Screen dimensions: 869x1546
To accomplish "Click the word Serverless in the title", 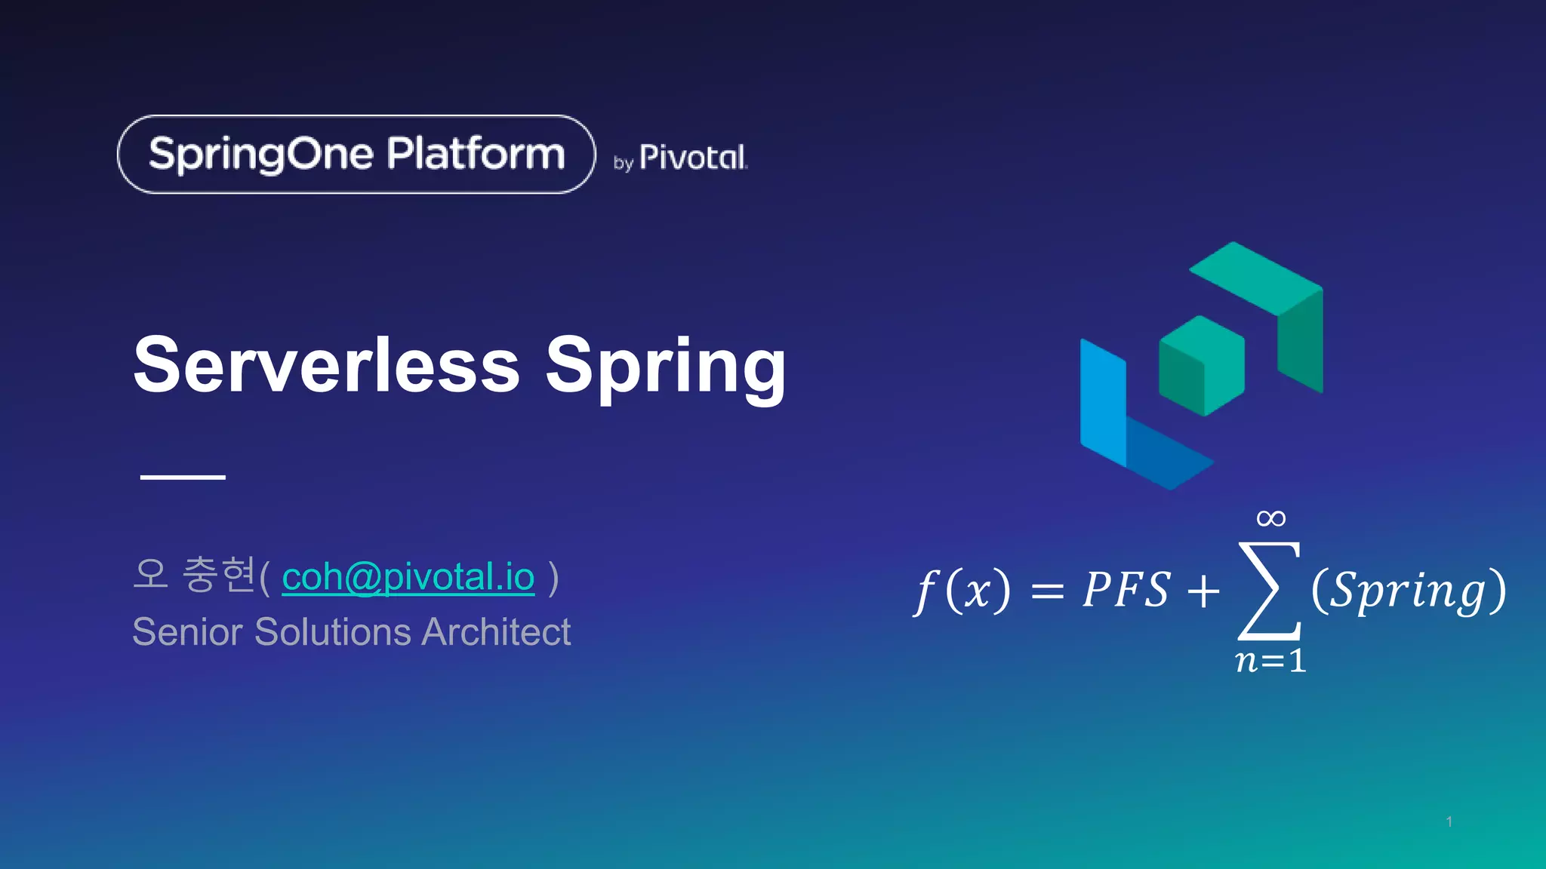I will pyautogui.click(x=326, y=366).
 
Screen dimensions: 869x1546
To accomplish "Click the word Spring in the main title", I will pyautogui.click(x=665, y=367).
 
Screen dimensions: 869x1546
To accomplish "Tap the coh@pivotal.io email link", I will pyautogui.click(x=408, y=577).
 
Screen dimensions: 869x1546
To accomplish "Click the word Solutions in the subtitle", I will pyautogui.click(x=332, y=632).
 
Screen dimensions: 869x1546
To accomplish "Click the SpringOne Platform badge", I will pyautogui.click(x=356, y=155).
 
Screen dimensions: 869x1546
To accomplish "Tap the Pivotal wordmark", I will pyautogui.click(x=692, y=158).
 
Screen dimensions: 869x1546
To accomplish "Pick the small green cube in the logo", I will pyautogui.click(x=1201, y=365).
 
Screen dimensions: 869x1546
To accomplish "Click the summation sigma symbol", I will pyautogui.click(x=1269, y=590).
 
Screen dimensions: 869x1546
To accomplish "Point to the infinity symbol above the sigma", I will pyautogui.click(x=1270, y=518).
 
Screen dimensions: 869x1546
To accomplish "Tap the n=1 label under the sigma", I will pyautogui.click(x=1270, y=661).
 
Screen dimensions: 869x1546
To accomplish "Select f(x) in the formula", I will pyautogui.click(x=962, y=590).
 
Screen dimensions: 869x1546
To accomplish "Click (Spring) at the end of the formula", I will pyautogui.click(x=1409, y=590).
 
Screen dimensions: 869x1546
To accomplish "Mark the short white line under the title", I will pyautogui.click(x=183, y=477).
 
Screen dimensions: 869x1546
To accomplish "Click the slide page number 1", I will pyautogui.click(x=1449, y=821).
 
